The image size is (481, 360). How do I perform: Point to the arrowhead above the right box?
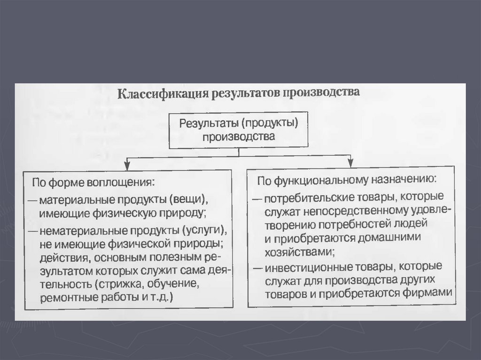(x=350, y=162)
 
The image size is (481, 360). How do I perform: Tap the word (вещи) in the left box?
(x=188, y=199)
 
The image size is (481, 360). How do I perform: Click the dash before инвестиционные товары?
(x=257, y=268)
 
